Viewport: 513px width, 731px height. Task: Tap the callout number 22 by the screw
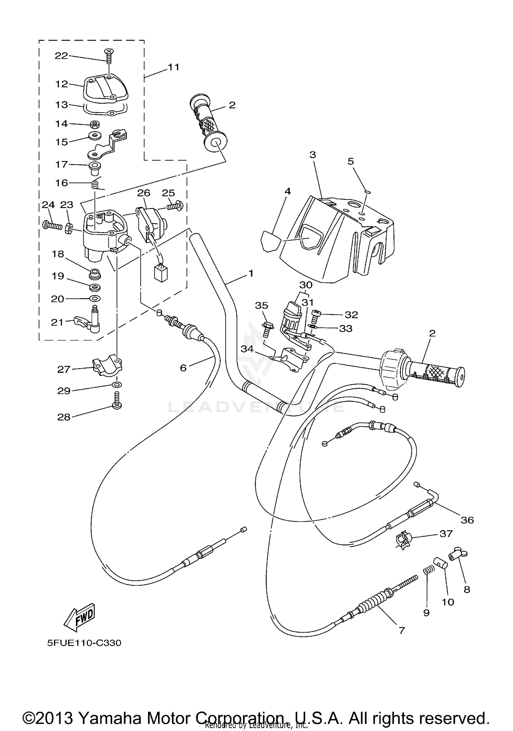[62, 56]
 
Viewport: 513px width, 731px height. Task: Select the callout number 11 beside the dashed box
[173, 67]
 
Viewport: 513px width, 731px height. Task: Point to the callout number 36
[467, 520]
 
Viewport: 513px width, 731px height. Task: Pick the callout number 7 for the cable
[402, 630]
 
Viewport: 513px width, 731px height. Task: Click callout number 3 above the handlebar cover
[313, 155]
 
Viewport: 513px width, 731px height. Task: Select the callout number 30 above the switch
[306, 285]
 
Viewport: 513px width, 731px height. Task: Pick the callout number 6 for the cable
[183, 368]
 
